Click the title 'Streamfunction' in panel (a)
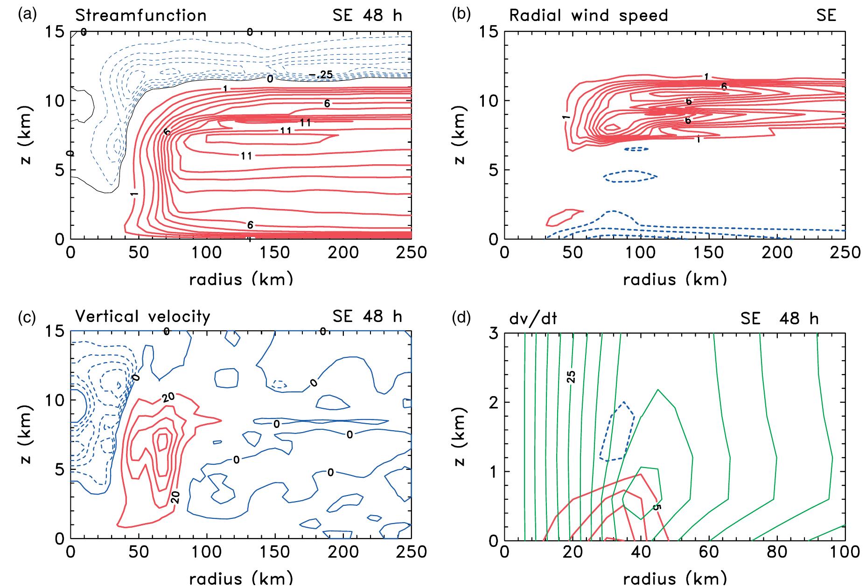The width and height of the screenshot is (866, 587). (140, 15)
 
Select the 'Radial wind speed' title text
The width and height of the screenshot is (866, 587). (588, 15)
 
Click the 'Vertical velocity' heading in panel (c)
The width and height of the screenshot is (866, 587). (142, 316)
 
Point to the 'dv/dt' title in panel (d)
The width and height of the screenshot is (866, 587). (533, 318)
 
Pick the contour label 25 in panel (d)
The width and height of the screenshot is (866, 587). (571, 377)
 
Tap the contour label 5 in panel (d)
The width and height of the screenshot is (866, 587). (656, 507)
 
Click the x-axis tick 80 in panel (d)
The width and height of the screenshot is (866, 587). (777, 552)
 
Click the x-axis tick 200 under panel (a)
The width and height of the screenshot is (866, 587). (343, 252)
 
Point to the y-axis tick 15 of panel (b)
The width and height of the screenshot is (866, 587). (488, 32)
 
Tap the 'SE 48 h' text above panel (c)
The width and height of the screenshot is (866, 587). (367, 316)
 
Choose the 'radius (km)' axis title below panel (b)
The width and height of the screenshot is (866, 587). (675, 279)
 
